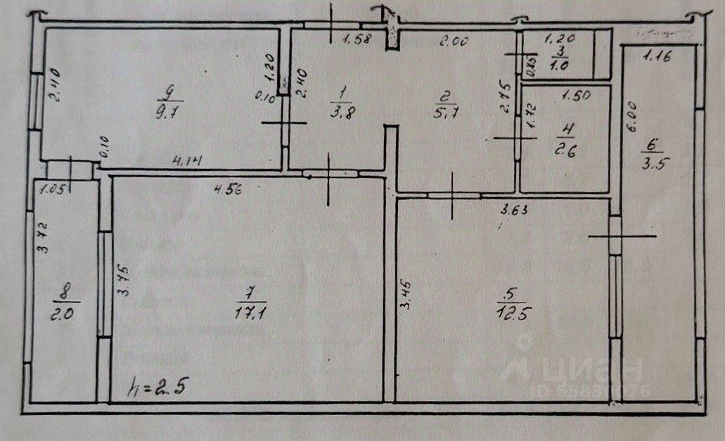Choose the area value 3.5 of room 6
coord(653,165)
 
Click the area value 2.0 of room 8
coord(64,314)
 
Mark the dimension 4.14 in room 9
coord(188,162)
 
